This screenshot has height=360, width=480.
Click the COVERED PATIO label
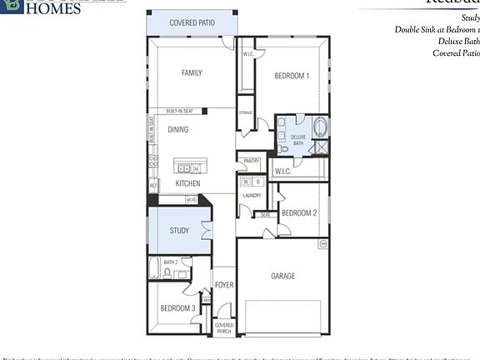[192, 23]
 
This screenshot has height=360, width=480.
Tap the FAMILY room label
[192, 73]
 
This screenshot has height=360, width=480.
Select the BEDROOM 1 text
[292, 76]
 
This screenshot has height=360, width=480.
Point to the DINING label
[178, 130]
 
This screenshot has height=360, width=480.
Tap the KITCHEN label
[187, 183]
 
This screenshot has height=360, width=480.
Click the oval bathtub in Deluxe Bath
[321, 128]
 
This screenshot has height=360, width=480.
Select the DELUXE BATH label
[298, 139]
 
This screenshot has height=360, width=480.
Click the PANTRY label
[252, 161]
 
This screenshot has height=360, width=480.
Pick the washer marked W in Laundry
[246, 181]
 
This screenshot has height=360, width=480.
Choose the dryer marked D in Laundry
[257, 181]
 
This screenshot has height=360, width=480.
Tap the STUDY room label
[179, 231]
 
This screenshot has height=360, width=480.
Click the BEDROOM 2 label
[299, 213]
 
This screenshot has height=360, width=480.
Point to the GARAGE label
[283, 276]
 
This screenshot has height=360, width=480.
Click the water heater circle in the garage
[322, 244]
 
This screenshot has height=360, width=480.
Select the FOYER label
[224, 285]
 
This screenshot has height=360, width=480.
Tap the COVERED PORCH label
[224, 327]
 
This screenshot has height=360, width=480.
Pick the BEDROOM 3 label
[178, 309]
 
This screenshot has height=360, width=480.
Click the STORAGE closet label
[246, 112]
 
